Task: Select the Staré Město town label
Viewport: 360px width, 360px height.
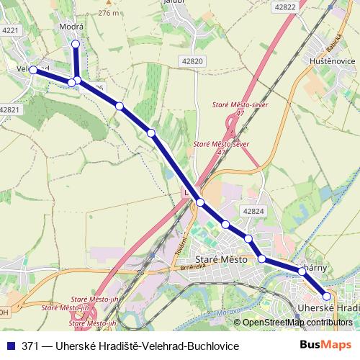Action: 222,258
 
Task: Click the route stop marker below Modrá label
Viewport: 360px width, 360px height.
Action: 76,45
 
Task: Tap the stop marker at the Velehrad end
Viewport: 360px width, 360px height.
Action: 33,69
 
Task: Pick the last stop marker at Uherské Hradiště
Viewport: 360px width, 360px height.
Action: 327,296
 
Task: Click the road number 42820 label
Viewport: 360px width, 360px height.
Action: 194,61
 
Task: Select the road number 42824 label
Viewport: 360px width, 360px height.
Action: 253,212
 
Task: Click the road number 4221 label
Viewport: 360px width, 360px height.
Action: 10,30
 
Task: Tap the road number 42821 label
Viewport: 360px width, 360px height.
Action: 10,109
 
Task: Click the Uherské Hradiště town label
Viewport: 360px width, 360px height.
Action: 328,307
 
